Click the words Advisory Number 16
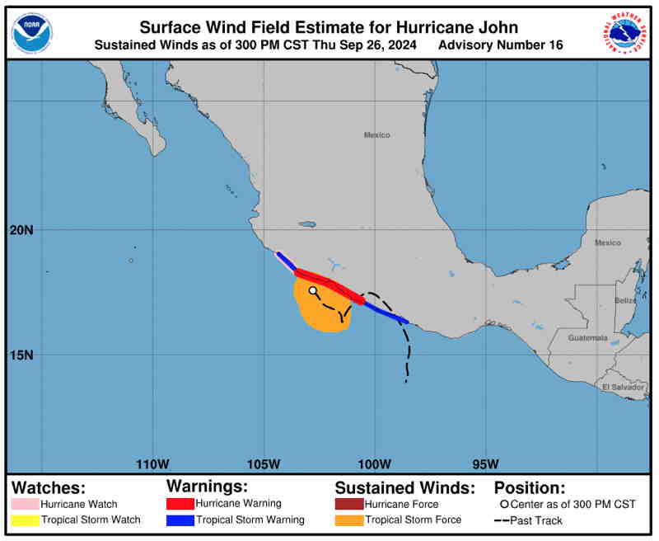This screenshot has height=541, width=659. point(502,45)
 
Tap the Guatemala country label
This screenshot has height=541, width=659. point(588,338)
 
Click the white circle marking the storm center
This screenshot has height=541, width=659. point(313,290)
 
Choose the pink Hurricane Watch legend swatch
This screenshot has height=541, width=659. point(32,504)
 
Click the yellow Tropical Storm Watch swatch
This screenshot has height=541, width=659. point(32,520)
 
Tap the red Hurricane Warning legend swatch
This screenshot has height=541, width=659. point(180,503)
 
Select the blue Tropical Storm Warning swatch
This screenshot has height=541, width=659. point(180,520)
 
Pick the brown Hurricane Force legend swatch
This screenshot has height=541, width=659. point(349,504)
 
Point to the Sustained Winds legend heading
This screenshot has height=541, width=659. point(404,487)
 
